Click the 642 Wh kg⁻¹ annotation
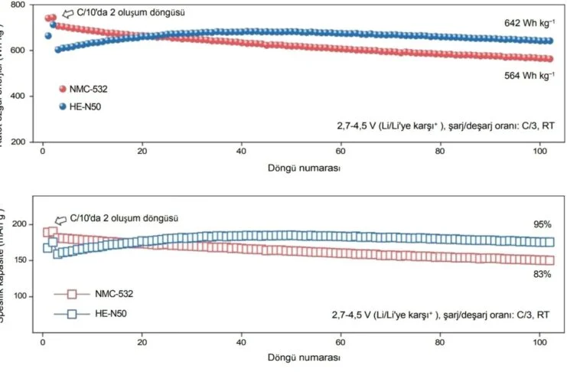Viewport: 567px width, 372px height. pos(528,24)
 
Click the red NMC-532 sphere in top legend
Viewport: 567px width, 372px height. pos(63,89)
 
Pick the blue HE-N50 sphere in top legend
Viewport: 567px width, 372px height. pos(63,106)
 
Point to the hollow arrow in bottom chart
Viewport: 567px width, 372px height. pos(60,219)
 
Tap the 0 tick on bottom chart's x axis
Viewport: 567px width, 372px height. pos(44,343)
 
